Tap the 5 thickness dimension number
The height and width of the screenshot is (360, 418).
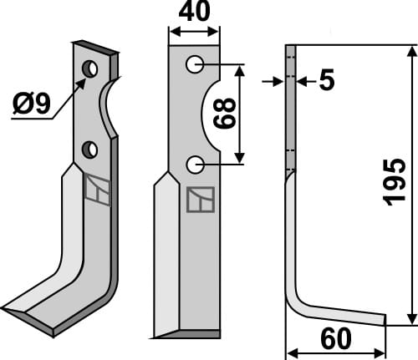[x=326, y=81]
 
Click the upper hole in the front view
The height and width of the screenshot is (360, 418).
[x=194, y=63]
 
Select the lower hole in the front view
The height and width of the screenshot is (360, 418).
[x=194, y=164]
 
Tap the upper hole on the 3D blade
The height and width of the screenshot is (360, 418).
[x=89, y=67]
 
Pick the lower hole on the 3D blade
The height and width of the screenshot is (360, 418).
[x=89, y=150]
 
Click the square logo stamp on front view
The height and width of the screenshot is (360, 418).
[x=201, y=199]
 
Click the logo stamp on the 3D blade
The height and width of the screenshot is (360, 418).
[x=96, y=190]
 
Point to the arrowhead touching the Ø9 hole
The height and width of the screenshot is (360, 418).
[x=84, y=79]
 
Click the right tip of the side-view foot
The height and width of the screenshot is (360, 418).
[x=384, y=319]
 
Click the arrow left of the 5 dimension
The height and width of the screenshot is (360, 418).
[x=273, y=81]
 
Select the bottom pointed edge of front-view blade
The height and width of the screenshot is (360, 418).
[x=167, y=336]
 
